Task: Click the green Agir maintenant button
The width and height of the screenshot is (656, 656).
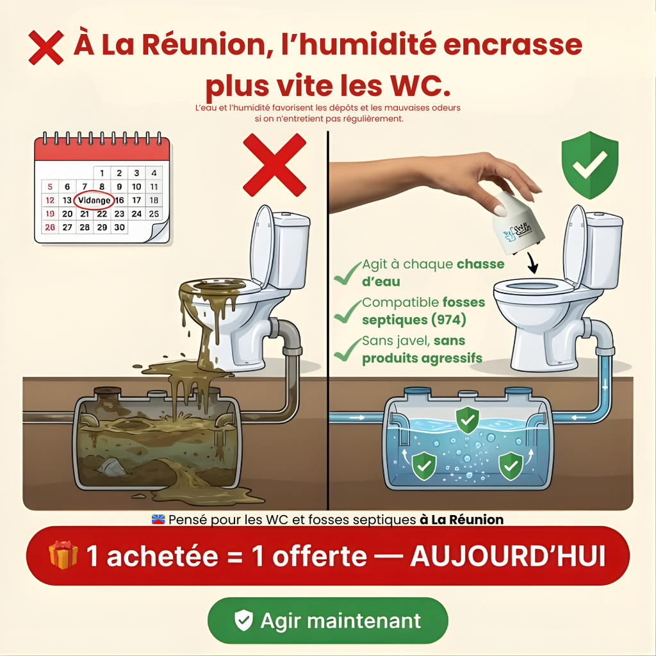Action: (x=327, y=621)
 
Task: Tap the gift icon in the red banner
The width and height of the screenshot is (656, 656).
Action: (x=63, y=555)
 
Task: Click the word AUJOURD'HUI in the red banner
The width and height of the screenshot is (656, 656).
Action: (x=507, y=556)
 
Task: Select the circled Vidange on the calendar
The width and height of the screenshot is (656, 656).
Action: (x=94, y=201)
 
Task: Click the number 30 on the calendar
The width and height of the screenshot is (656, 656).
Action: (x=119, y=227)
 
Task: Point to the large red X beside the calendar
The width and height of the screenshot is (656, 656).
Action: (x=274, y=165)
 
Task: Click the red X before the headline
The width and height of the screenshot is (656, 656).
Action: (x=46, y=47)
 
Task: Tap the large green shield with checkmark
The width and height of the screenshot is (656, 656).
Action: (x=589, y=165)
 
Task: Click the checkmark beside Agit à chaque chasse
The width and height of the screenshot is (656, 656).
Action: (x=347, y=274)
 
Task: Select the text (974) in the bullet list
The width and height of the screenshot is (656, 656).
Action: (x=448, y=319)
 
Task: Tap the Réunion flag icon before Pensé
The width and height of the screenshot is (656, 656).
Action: (x=158, y=520)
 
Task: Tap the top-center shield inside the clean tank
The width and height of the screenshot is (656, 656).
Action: (x=467, y=419)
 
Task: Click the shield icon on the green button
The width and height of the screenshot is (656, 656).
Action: (x=243, y=621)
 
